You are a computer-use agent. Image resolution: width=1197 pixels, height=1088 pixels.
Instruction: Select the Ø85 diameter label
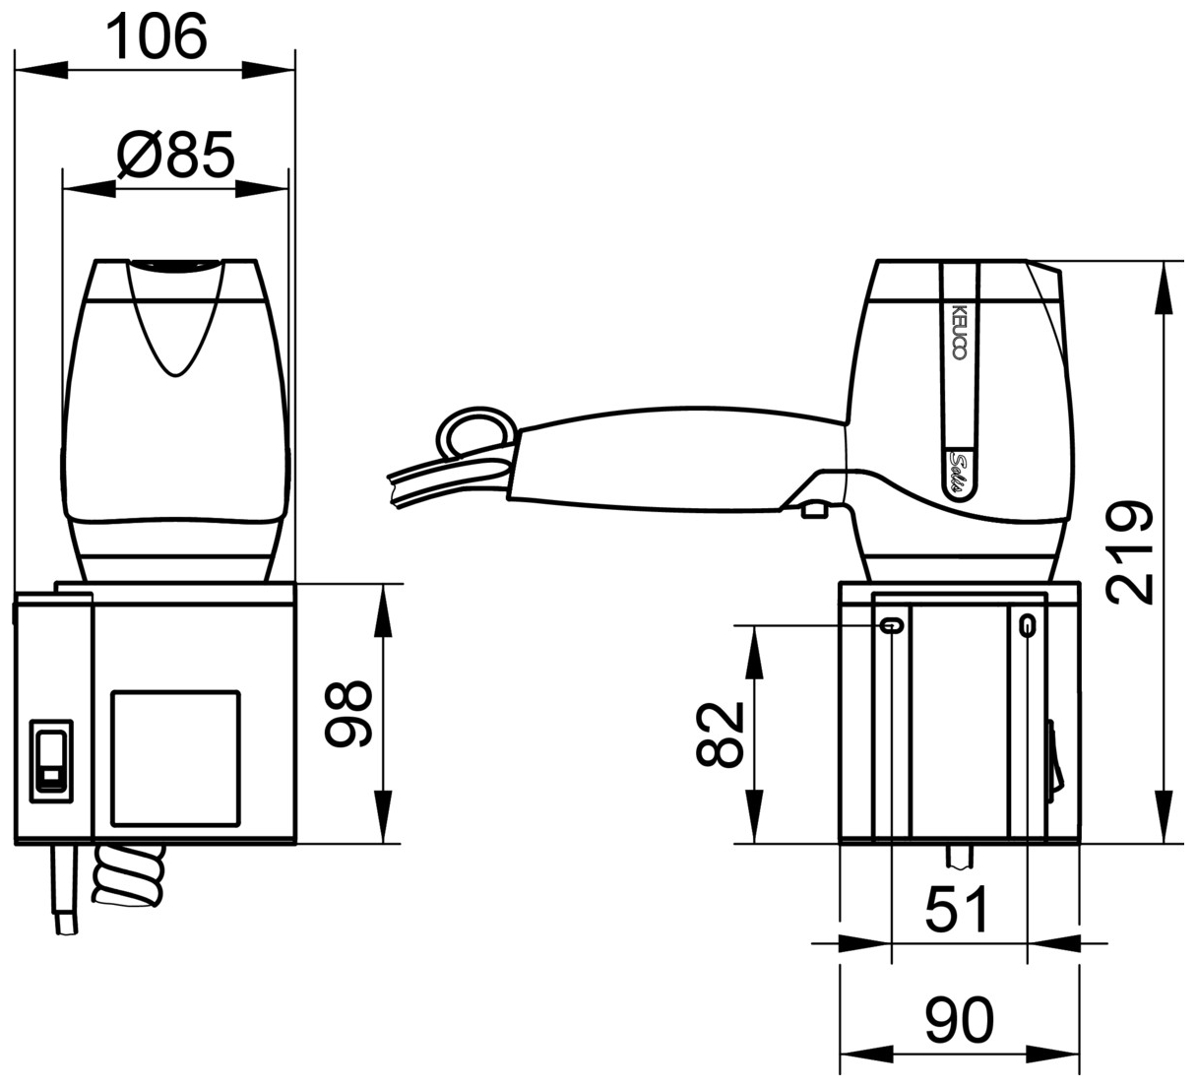coord(175,154)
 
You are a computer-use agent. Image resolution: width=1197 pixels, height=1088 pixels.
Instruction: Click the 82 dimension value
coord(719,735)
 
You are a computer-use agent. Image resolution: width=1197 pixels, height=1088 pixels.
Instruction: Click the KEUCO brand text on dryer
coord(960,331)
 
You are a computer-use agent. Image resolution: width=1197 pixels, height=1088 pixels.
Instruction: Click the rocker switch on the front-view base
coord(51,760)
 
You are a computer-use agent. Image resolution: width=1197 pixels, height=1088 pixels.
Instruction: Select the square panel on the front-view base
coord(176,756)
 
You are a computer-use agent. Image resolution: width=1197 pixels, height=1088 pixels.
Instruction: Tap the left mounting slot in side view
coord(892,624)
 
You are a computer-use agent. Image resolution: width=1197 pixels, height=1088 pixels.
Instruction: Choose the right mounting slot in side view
coord(1027,624)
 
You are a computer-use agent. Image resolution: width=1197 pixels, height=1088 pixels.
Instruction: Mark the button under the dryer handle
coord(813,509)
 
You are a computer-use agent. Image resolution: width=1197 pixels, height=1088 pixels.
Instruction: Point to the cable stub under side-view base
coord(958,857)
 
